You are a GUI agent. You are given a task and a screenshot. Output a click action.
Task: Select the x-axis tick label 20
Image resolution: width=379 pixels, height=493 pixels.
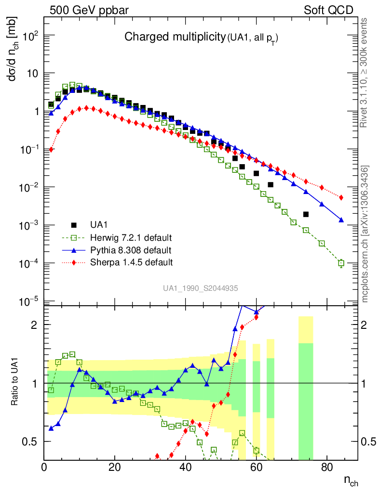click(114, 467)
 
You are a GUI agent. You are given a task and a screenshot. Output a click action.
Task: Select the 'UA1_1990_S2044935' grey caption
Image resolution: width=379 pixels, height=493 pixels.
click(201, 288)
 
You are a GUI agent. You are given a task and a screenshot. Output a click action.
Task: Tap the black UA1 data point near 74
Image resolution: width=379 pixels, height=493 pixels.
click(306, 214)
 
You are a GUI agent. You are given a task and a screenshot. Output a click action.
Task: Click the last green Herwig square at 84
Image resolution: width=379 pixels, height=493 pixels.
click(341, 263)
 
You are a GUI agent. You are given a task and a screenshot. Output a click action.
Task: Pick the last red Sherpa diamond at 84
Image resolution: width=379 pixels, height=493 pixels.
click(341, 197)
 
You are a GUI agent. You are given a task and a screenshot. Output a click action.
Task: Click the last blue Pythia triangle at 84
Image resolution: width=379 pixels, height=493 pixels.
click(341, 220)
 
